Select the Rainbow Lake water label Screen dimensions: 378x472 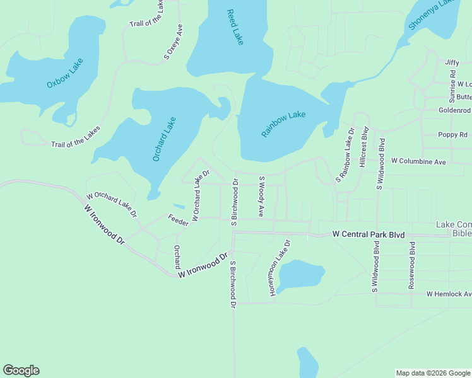pos(284,125)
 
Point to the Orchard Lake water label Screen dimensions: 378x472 pos(164,139)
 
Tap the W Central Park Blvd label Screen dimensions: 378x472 pos(368,234)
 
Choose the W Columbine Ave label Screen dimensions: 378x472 pos(418,162)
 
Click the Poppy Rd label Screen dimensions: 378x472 pos(453,135)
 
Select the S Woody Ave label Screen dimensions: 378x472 pos(261,197)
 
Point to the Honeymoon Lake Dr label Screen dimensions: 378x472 pos(280,268)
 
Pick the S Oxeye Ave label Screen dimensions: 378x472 pos(174,42)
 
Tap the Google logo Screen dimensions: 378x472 pos(21,370)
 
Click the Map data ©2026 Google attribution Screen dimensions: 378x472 pos(432,373)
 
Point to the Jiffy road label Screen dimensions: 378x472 pos(452,62)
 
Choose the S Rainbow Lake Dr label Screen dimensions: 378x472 pos(345,156)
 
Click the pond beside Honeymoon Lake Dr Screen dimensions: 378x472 pos(301,275)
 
